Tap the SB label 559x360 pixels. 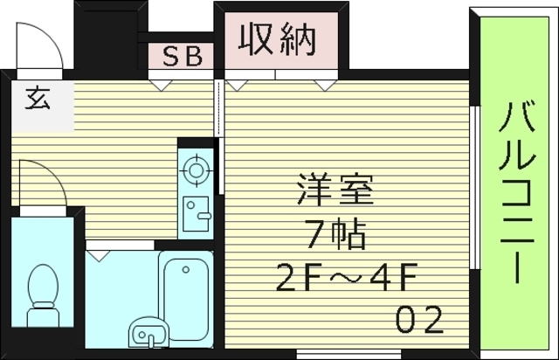point(183,57)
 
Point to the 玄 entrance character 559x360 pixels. point(37,97)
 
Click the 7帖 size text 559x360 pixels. point(335,233)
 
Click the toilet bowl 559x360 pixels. point(42,289)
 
